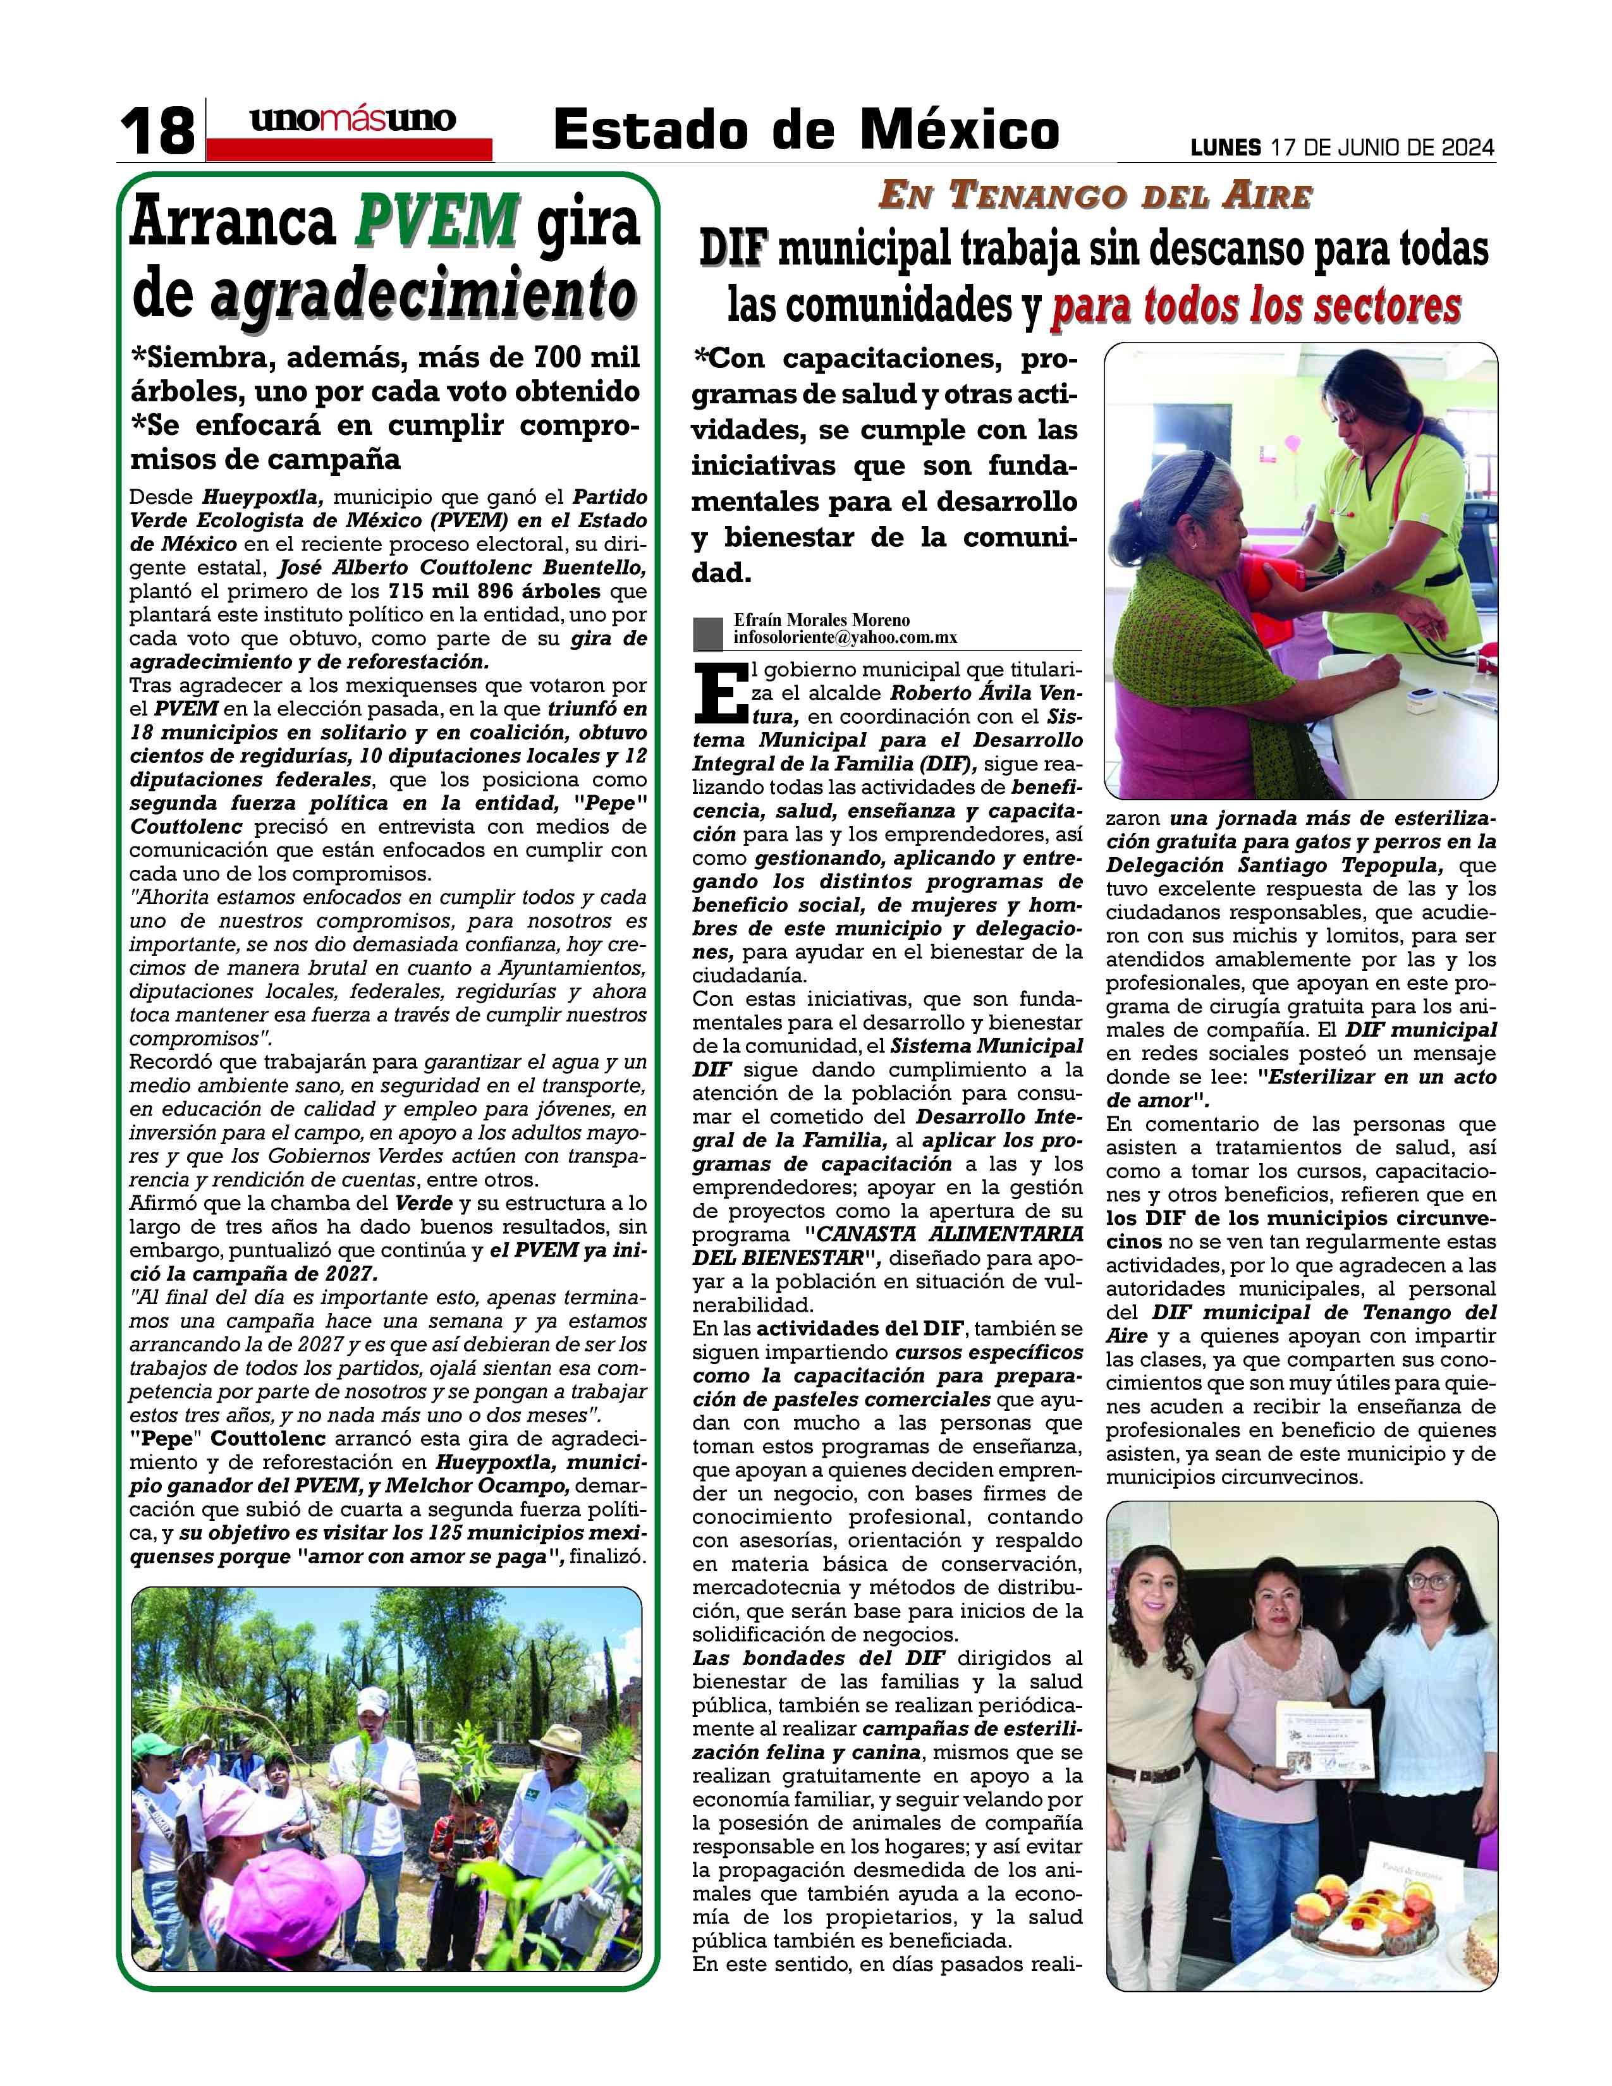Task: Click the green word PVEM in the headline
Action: [438, 221]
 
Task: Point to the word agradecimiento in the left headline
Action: [422, 294]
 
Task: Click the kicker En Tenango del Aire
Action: [1096, 196]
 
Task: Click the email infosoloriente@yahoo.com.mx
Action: [845, 638]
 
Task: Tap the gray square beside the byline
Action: [707, 632]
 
